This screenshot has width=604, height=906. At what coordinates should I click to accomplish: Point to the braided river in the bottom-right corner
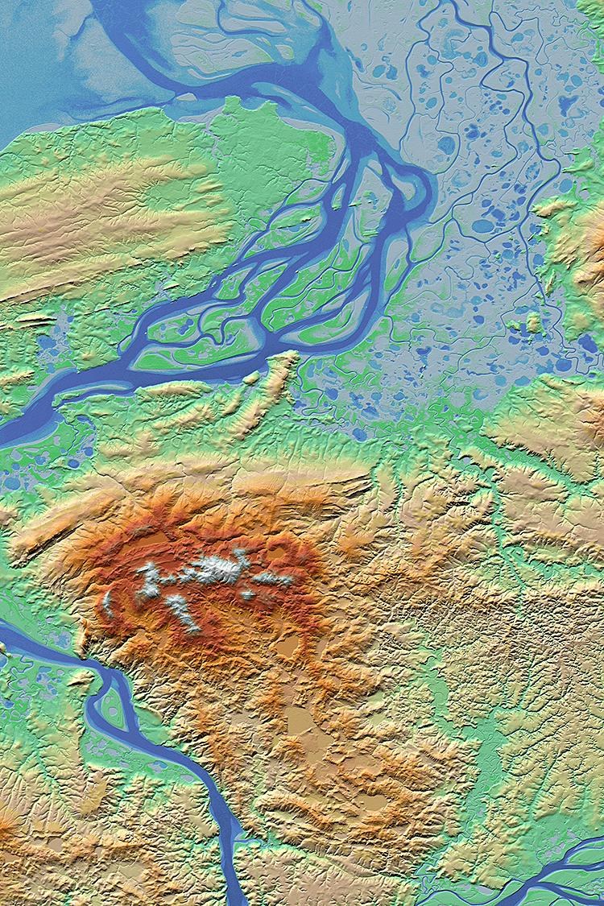556,874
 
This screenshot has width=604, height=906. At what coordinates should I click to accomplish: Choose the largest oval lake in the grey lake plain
483,226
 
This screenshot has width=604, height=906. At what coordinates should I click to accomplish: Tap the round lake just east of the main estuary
448,145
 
